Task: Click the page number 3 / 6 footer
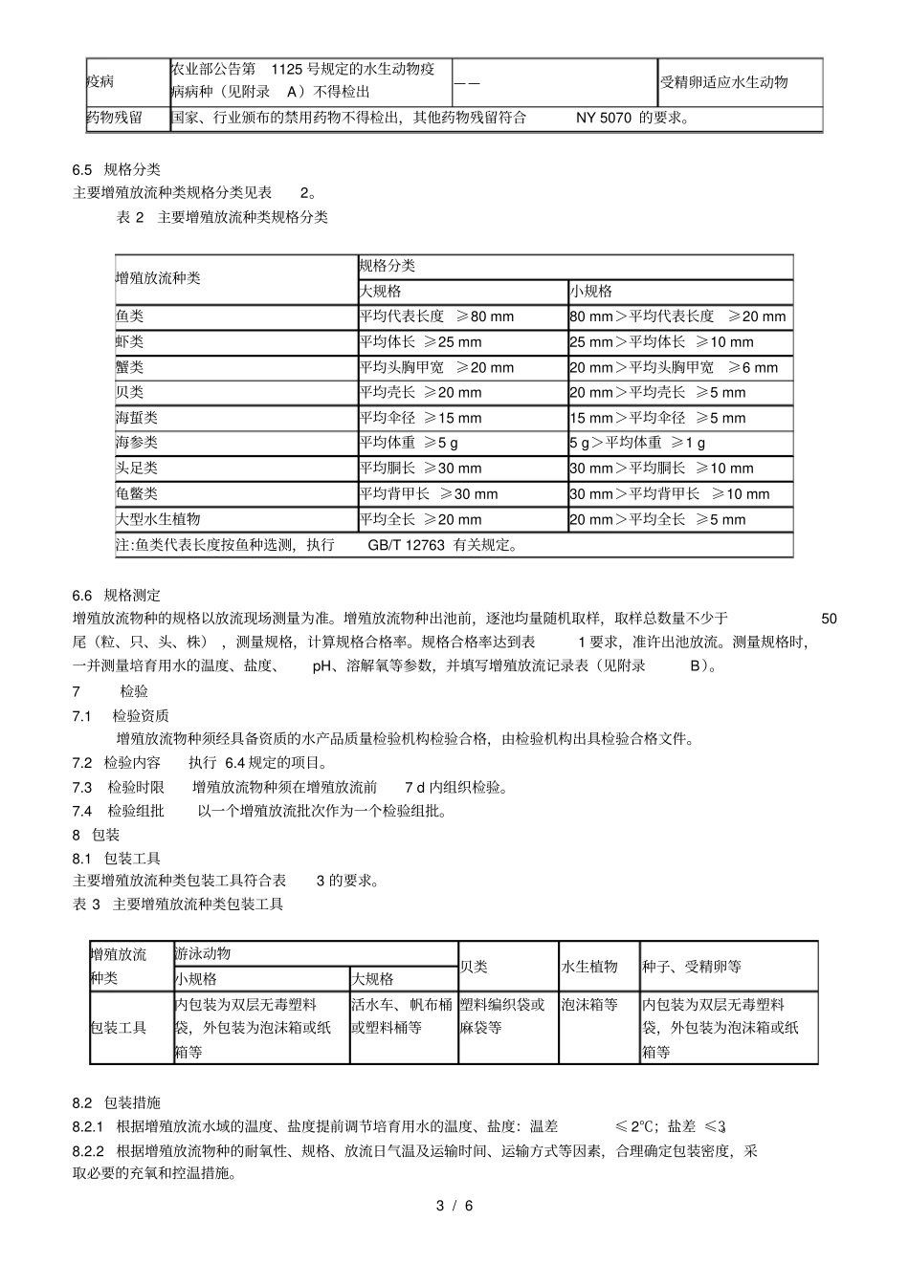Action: [x=454, y=1206]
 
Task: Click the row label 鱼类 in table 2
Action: [x=129, y=316]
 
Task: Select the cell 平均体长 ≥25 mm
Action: [x=420, y=342]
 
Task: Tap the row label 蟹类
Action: [x=129, y=367]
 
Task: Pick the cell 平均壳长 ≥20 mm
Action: [x=420, y=393]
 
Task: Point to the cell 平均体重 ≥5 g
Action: [x=409, y=443]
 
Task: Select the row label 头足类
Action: [x=136, y=469]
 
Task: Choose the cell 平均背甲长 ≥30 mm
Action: [x=428, y=494]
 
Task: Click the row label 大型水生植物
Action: [x=158, y=519]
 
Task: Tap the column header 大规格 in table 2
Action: [x=380, y=292]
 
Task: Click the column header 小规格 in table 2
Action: [x=590, y=292]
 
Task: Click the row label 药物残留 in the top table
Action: [x=115, y=118]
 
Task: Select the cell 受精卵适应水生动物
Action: [x=723, y=82]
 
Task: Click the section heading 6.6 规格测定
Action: [x=117, y=595]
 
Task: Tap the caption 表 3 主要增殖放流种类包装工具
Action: [x=178, y=905]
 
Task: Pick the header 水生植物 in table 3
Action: [x=589, y=967]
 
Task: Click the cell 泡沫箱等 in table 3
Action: [x=589, y=1005]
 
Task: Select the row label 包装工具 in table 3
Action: [x=119, y=1028]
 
